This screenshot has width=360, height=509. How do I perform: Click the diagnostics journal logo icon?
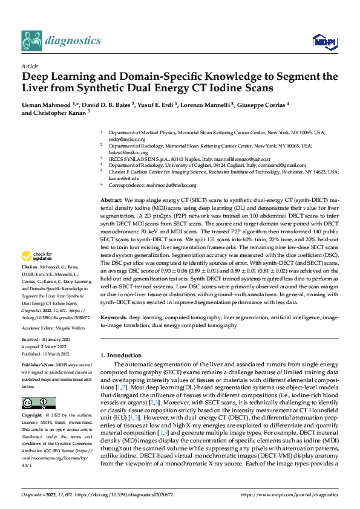click(x=31, y=41)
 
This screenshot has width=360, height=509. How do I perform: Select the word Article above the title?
click(x=30, y=66)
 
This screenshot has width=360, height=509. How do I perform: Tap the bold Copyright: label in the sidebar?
click(x=33, y=415)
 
